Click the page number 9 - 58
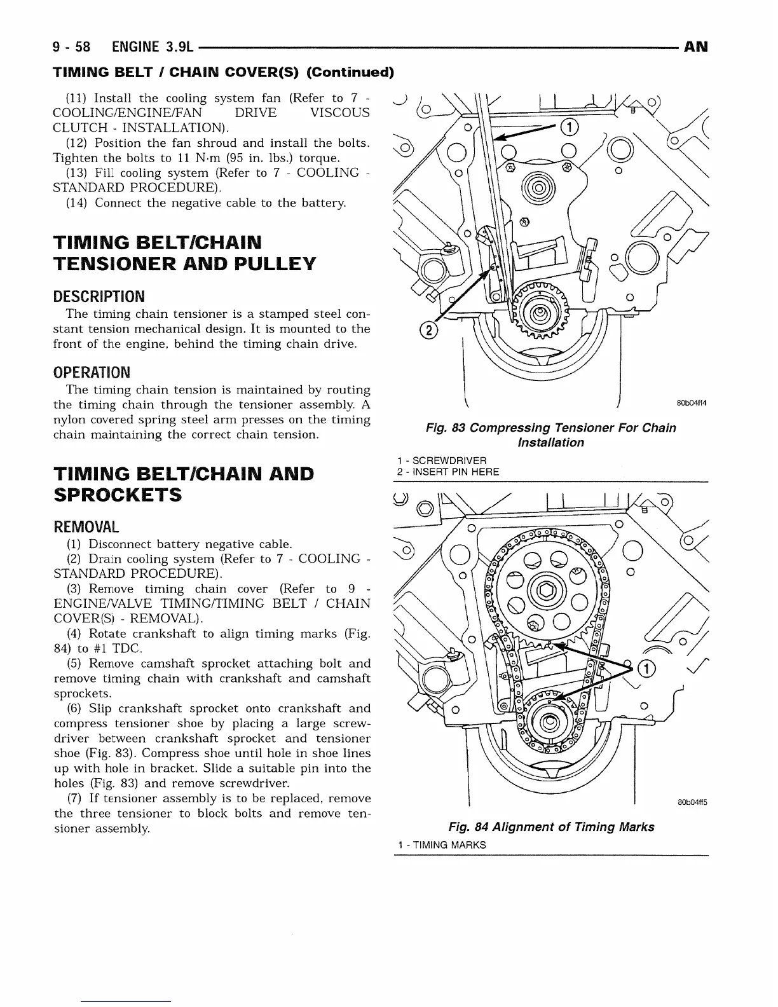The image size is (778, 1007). pyautogui.click(x=72, y=47)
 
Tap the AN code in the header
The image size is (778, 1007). pyautogui.click(x=696, y=47)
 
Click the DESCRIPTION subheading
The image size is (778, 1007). pyautogui.click(x=99, y=296)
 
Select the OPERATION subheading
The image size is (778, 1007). pyautogui.click(x=92, y=372)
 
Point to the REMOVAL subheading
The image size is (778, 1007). pyautogui.click(x=86, y=527)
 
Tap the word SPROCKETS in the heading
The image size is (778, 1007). pyautogui.click(x=118, y=495)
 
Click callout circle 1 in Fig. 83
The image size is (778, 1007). pyautogui.click(x=570, y=128)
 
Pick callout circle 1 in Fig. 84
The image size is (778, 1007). pyautogui.click(x=646, y=669)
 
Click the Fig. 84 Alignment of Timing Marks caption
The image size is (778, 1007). pyautogui.click(x=551, y=826)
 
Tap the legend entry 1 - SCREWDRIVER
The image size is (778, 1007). pyautogui.click(x=440, y=460)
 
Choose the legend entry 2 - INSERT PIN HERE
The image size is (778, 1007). pyautogui.click(x=447, y=472)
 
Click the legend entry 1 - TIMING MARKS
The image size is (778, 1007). pyautogui.click(x=440, y=845)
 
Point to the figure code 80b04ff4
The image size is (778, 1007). pyautogui.click(x=692, y=403)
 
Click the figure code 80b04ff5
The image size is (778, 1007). pyautogui.click(x=692, y=802)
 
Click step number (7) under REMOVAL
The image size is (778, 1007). pyautogui.click(x=76, y=798)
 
